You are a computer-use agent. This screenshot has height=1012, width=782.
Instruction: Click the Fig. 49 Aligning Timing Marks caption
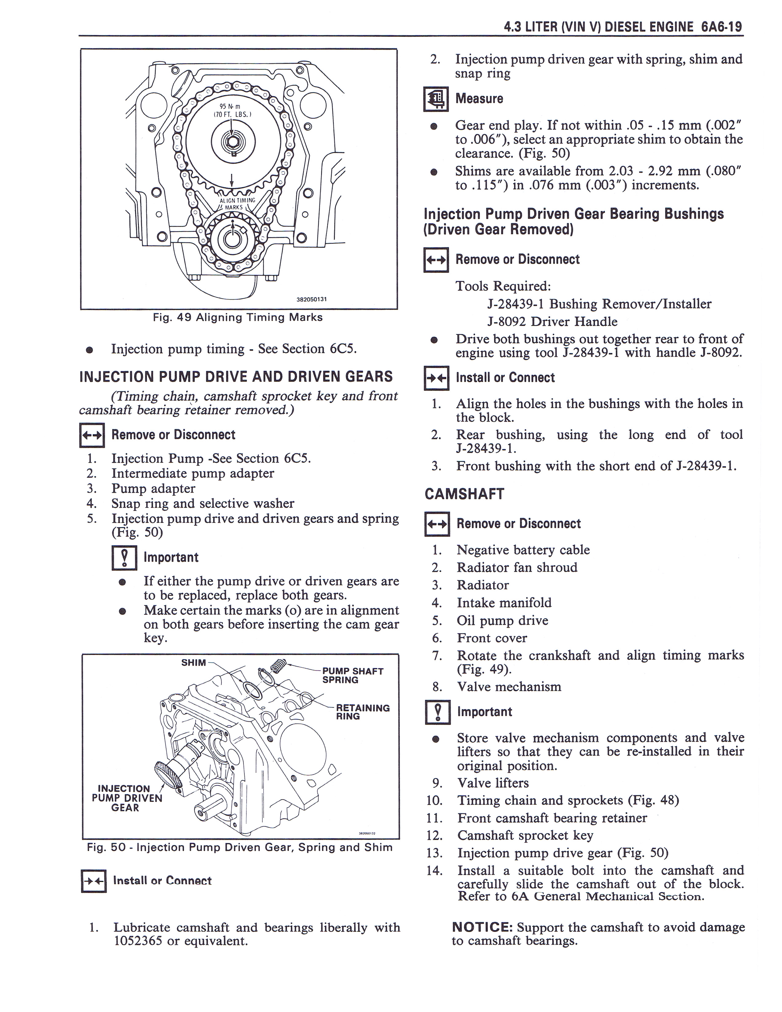pyautogui.click(x=238, y=317)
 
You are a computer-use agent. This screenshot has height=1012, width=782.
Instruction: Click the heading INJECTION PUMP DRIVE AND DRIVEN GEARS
pyautogui.click(x=236, y=376)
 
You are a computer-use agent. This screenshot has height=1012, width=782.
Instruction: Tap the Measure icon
pyautogui.click(x=435, y=99)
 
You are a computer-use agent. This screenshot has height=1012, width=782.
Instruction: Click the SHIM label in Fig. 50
pyautogui.click(x=193, y=663)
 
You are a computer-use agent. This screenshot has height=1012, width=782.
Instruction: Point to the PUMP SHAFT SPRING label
pyautogui.click(x=353, y=676)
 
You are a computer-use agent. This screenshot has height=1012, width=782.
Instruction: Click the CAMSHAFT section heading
pyautogui.click(x=464, y=494)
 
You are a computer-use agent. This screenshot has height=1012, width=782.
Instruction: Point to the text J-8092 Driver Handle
pyautogui.click(x=552, y=322)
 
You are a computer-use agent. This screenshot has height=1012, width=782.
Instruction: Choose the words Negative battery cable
pyautogui.click(x=523, y=550)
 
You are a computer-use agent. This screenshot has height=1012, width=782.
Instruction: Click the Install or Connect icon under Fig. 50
pyautogui.click(x=93, y=881)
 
